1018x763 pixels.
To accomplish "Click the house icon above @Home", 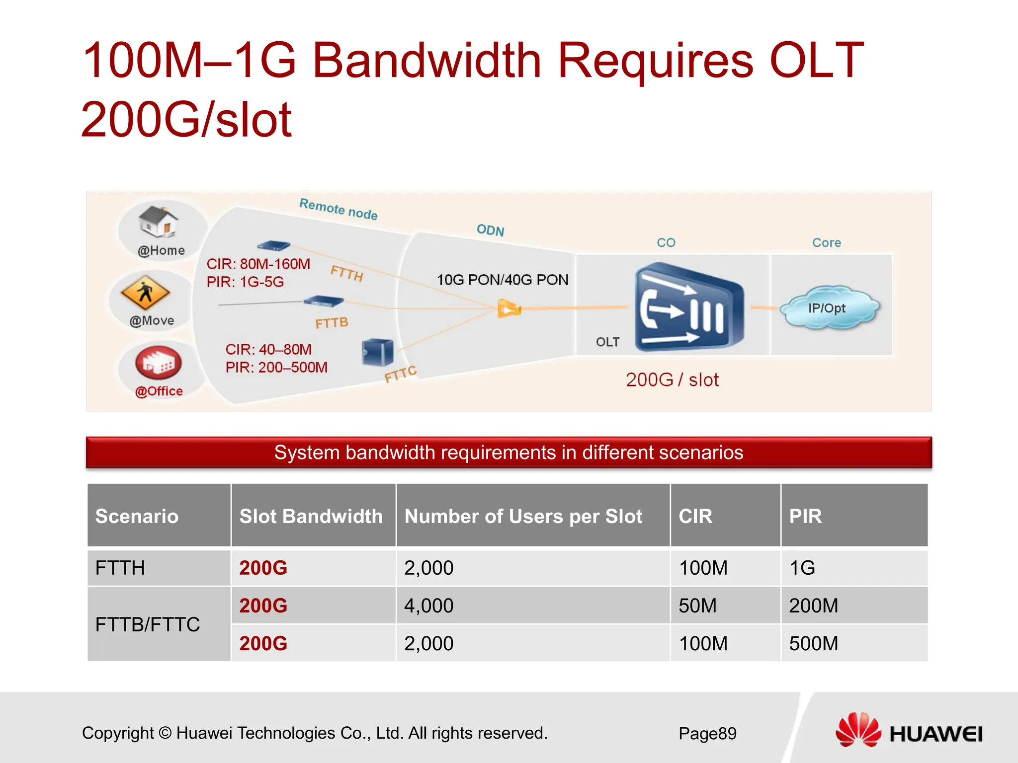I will point(158,222).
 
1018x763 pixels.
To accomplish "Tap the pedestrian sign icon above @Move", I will point(145,292).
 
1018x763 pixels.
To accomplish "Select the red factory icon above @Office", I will point(159,363).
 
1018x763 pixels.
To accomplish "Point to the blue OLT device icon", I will point(688,308).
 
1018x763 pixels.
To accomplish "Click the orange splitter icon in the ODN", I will point(509,309).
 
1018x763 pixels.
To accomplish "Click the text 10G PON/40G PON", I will point(502,280).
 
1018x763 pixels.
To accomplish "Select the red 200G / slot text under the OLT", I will point(672,380).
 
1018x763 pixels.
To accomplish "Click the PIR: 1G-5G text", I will point(245,282).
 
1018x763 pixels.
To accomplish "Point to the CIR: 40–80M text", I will point(268,349).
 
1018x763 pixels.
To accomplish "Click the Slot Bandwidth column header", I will point(311,516).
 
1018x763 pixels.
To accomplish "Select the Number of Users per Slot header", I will point(523,516).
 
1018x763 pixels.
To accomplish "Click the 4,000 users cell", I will point(428,606).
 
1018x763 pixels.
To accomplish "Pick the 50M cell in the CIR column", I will point(697,606).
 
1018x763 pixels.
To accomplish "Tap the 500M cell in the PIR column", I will point(813,643).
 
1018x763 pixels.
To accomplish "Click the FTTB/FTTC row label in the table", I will point(148,624).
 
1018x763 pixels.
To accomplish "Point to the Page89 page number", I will point(707,733).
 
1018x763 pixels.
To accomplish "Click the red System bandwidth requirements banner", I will point(509,453).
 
